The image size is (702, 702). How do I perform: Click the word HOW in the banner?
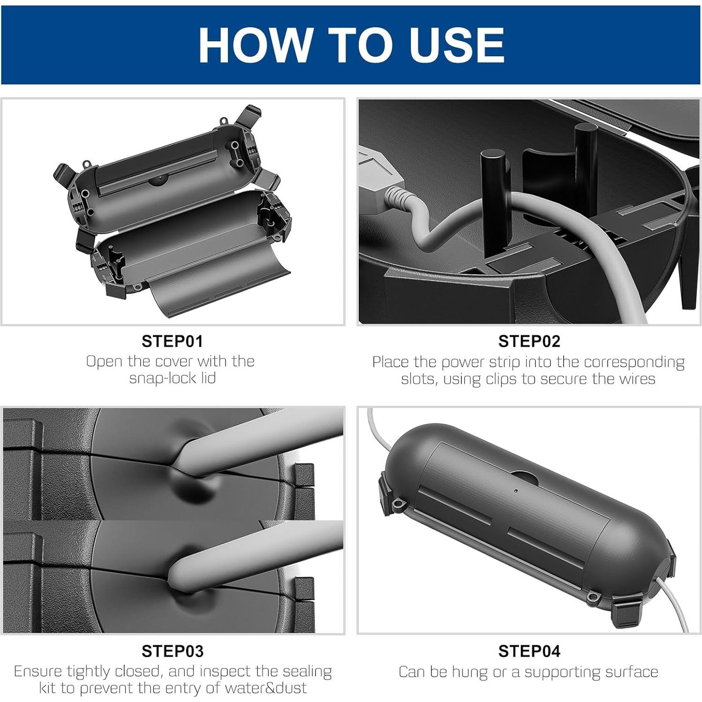[x=254, y=45]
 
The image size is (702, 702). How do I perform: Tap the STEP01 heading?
[x=173, y=341]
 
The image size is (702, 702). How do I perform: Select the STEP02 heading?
[x=529, y=341]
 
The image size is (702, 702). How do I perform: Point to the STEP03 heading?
[x=173, y=651]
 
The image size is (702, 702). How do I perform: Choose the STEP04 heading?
[x=529, y=651]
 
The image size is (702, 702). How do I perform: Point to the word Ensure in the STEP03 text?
[x=38, y=672]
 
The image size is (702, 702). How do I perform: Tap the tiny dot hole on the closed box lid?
[x=516, y=491]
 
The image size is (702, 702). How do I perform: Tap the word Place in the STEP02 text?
[x=391, y=362]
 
